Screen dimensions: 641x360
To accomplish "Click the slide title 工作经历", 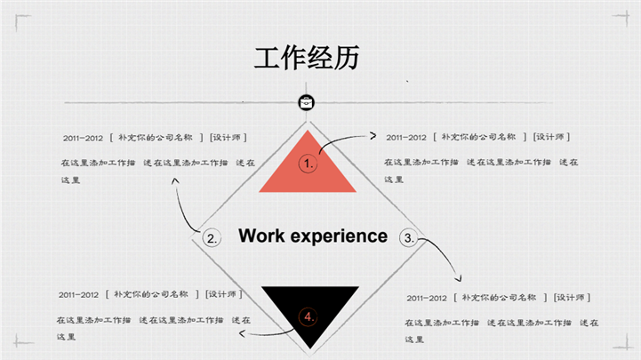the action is [307, 58].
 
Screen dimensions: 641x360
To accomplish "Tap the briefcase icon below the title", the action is [306, 102].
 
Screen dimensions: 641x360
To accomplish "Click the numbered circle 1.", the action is [308, 164].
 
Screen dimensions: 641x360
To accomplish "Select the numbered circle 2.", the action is [212, 238].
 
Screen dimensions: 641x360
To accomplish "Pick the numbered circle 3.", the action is [409, 238].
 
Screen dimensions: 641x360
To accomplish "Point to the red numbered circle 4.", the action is [308, 316].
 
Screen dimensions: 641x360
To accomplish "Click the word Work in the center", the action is [261, 236].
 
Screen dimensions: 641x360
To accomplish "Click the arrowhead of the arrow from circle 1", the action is [373, 136].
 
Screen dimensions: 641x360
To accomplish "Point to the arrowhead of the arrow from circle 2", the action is [175, 180].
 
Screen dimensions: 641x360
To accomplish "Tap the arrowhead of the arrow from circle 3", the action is [459, 279].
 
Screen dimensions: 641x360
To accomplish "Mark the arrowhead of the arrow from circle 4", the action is [242, 334].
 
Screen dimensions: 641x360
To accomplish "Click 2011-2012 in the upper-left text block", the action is [83, 138].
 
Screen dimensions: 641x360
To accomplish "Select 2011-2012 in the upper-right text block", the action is [406, 138].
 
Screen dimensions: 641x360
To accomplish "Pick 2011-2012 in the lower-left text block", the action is [78, 295].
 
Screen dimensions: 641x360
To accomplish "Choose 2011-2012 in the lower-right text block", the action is [427, 299].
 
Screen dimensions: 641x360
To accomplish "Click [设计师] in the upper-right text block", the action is [551, 137].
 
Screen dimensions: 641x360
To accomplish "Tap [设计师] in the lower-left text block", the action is [224, 294].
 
